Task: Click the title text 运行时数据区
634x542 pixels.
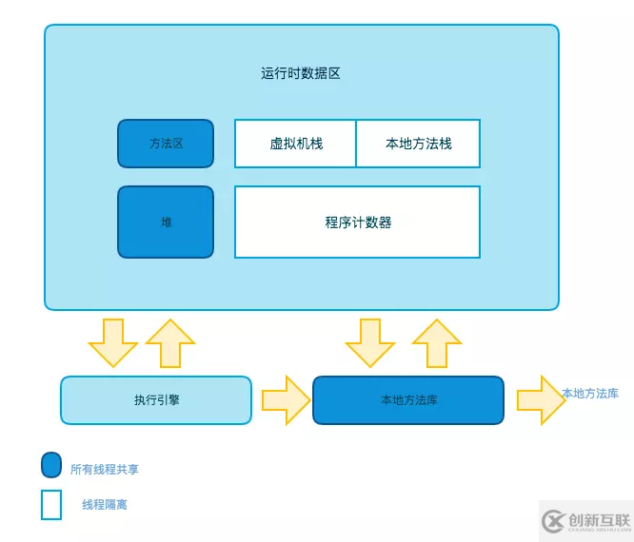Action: [x=301, y=73]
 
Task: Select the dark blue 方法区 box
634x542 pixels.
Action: [x=166, y=144]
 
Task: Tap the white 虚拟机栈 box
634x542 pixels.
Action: [x=296, y=144]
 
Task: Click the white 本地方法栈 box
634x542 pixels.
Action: [x=418, y=144]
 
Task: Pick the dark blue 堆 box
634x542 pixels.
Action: [x=166, y=222]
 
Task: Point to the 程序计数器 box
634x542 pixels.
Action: [x=357, y=223]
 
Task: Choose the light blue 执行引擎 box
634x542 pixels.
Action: [x=156, y=400]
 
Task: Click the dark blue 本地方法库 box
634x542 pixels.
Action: [x=408, y=400]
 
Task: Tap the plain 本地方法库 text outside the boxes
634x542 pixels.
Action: [x=590, y=393]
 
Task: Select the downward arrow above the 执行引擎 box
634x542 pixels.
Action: [x=113, y=342]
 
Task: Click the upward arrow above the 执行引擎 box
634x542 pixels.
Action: [x=170, y=342]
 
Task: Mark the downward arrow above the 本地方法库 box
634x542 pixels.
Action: [x=370, y=342]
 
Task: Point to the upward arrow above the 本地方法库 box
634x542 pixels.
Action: [x=437, y=342]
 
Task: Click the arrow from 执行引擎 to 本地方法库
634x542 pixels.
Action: [x=286, y=400]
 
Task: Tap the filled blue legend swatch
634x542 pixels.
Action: [x=51, y=465]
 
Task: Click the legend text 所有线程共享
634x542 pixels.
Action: [x=105, y=469]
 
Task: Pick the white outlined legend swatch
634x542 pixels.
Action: [x=51, y=504]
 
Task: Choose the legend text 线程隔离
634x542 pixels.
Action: [x=105, y=505]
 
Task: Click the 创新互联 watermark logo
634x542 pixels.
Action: [x=586, y=521]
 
